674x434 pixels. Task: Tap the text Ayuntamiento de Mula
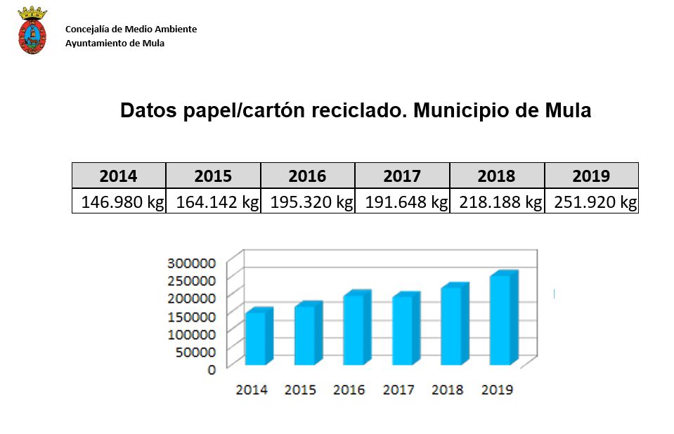115,43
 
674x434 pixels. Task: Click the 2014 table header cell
119,176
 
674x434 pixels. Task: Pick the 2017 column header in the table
402,176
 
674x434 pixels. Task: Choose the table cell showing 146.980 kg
119,202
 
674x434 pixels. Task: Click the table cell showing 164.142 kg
214,202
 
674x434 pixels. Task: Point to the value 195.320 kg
308,202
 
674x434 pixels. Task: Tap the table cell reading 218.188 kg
498,202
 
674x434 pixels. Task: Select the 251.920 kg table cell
592,202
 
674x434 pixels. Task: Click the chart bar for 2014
256,338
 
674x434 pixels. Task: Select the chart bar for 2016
354,329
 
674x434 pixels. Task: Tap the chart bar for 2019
500,320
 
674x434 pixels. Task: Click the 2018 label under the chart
448,390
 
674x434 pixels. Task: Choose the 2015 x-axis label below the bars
300,390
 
